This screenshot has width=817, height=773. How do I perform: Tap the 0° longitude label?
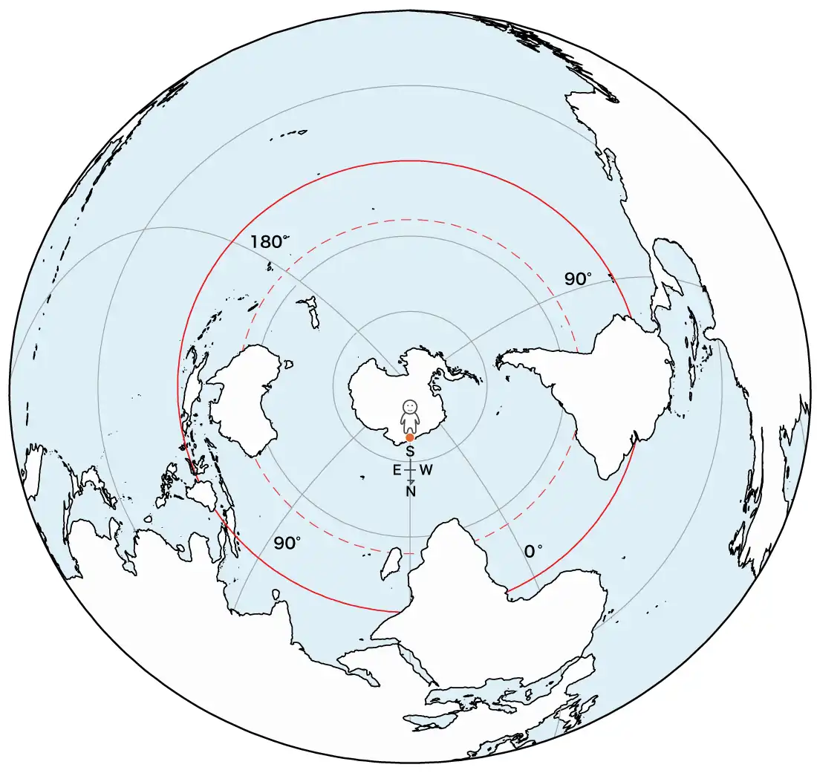click(x=533, y=552)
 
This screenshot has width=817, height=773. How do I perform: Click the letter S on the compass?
click(x=410, y=451)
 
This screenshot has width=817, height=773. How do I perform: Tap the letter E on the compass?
click(x=397, y=470)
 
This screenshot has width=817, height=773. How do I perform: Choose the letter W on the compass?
click(x=425, y=470)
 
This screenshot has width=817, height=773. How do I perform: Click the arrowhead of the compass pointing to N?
click(x=411, y=481)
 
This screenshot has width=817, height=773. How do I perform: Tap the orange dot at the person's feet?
click(x=410, y=438)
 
